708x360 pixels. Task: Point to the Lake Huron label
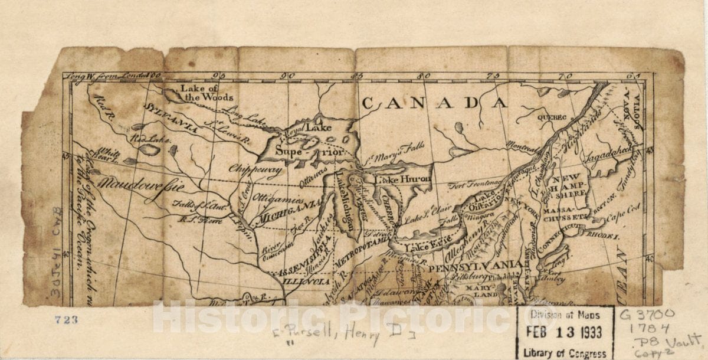[x=396, y=179]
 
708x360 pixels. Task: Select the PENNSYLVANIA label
[x=475, y=266]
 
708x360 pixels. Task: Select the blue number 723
[x=66, y=320]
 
